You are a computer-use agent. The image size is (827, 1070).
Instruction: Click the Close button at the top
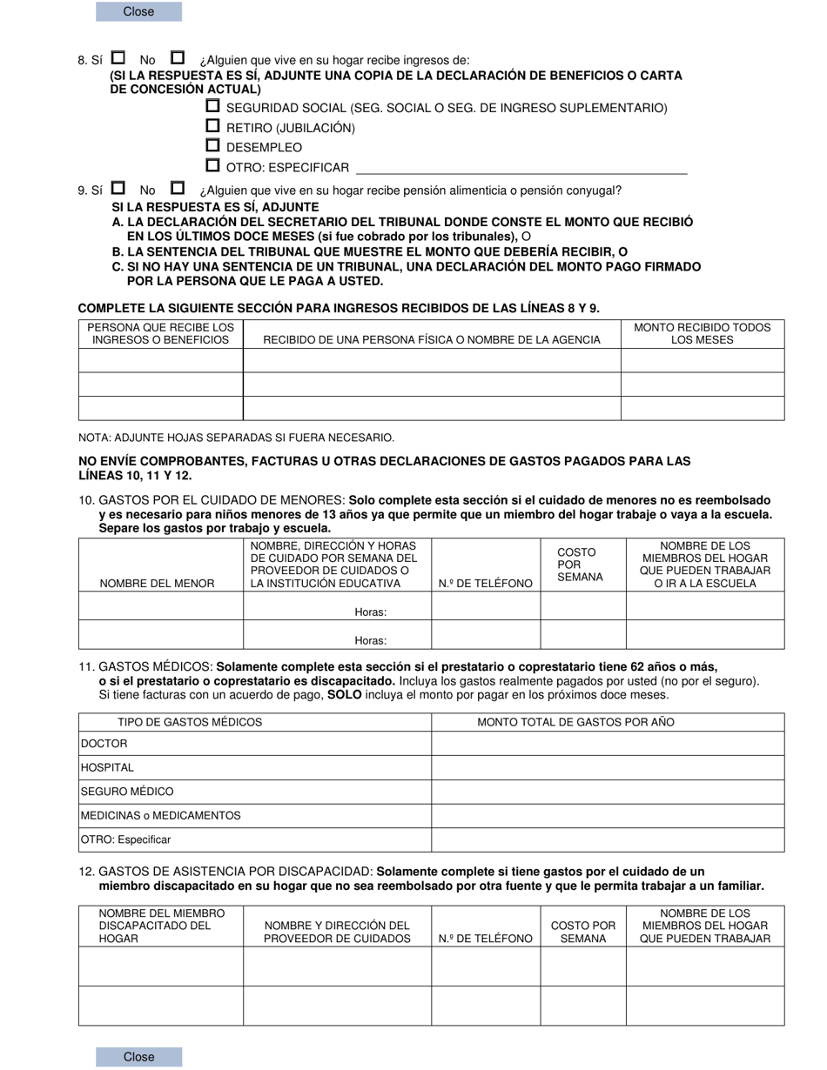click(138, 11)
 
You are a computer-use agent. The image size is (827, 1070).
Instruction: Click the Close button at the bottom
click(138, 1056)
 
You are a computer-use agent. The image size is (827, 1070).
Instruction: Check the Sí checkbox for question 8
click(118, 58)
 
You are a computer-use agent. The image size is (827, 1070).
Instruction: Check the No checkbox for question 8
click(178, 58)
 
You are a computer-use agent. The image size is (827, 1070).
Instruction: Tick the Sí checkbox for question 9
click(118, 188)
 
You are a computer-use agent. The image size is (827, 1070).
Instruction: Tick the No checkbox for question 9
click(178, 188)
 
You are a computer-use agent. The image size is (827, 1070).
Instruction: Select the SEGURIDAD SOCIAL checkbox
click(212, 106)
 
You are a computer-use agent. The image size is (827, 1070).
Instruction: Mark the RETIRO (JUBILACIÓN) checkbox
click(212, 126)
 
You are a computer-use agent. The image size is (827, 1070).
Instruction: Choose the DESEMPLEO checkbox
click(212, 146)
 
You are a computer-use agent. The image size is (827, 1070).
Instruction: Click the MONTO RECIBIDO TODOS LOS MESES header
click(702, 333)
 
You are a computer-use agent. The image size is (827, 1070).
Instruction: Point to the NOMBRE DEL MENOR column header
click(158, 583)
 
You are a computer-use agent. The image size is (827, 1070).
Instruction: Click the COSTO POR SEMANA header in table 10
click(576, 565)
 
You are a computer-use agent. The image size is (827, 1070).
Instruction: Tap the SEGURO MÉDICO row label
click(127, 792)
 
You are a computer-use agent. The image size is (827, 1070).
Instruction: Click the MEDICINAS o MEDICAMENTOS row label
click(161, 816)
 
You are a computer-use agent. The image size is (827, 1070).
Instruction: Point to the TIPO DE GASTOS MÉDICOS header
click(190, 722)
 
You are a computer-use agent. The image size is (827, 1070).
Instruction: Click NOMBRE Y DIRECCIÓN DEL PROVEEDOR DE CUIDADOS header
click(337, 932)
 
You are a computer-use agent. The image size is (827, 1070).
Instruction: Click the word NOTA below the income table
click(96, 438)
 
